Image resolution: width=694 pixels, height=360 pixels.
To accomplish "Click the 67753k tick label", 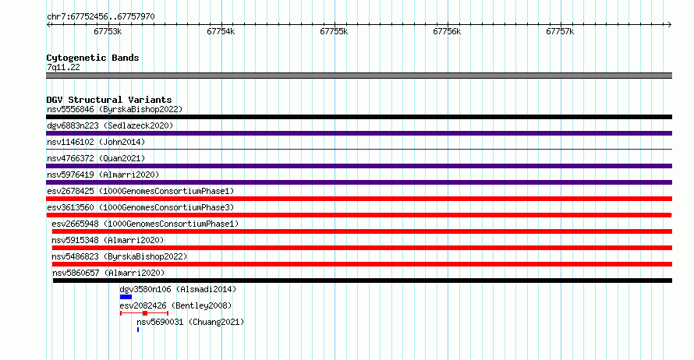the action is [108, 31].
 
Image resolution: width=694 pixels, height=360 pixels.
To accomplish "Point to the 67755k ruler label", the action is [334, 31].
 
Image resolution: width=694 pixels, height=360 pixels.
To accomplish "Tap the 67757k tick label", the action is [560, 31].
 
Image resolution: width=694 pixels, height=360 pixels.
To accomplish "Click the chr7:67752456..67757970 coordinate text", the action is [101, 17].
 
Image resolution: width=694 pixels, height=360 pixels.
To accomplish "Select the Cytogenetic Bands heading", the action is [93, 58].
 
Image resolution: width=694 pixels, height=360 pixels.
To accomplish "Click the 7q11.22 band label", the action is [63, 67].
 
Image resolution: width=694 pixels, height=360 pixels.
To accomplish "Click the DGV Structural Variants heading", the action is [109, 100].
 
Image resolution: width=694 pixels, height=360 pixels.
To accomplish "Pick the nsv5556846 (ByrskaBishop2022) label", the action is [115, 109].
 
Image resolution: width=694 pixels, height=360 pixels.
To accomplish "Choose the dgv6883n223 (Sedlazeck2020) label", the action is [110, 125].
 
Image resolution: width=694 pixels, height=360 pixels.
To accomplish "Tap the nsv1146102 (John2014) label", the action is [96, 142].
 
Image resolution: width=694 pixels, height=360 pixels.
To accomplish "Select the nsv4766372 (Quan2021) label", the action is [96, 158].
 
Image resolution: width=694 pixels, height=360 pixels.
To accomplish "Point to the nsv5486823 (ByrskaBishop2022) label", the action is [119, 256].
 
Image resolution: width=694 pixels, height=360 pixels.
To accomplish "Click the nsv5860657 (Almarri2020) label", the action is [108, 273].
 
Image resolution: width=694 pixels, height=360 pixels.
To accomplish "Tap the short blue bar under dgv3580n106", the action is [126, 297].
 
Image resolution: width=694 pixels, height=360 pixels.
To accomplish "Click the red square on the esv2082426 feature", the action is [145, 313].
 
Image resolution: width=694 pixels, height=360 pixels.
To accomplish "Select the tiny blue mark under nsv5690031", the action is [138, 330].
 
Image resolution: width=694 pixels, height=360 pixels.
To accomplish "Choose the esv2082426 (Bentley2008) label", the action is [175, 305].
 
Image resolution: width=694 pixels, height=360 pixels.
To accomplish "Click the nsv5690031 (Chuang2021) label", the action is [190, 322].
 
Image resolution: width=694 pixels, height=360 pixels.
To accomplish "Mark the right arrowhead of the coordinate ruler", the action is [670, 25].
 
